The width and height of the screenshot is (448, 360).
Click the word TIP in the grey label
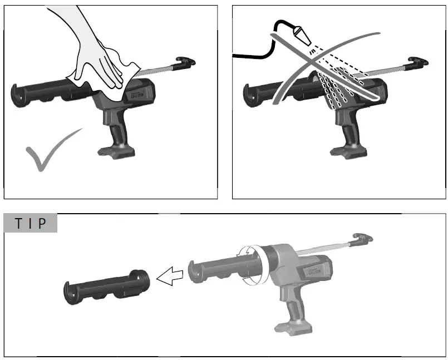[31, 223]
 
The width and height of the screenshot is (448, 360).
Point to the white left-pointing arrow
[170, 274]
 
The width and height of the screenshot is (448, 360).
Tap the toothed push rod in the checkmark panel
[159, 71]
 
